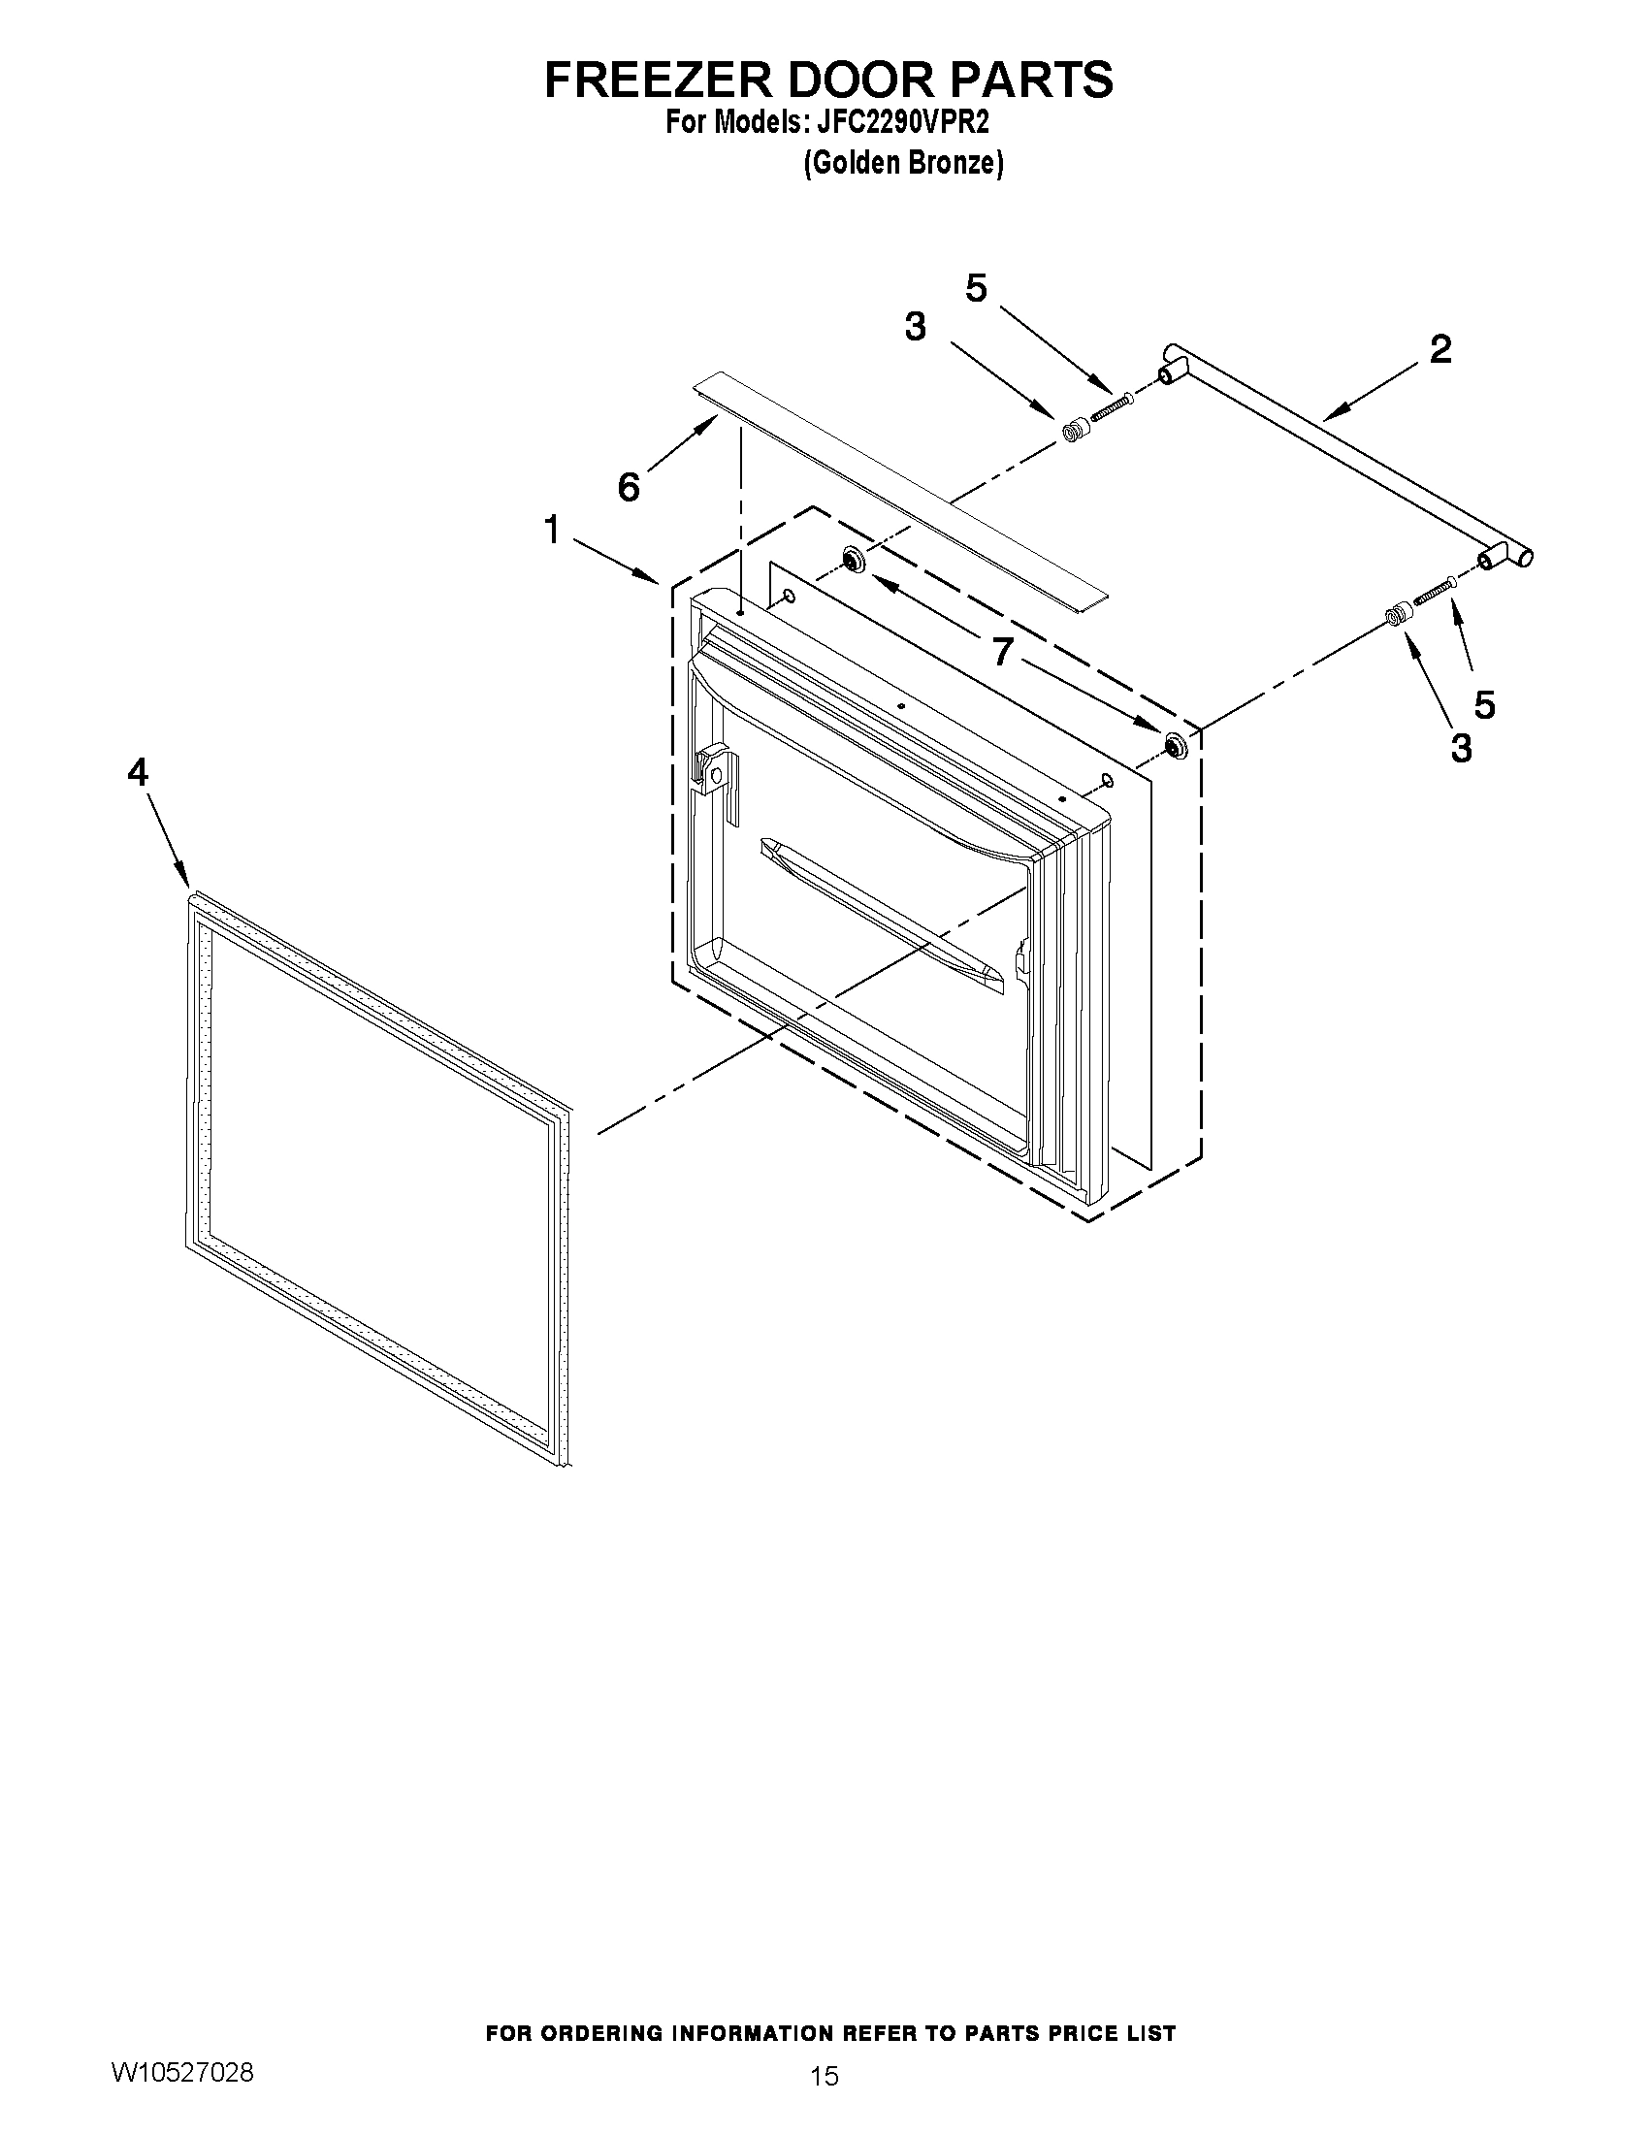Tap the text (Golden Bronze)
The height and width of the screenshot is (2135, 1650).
point(902,163)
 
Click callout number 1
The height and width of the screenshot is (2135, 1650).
point(552,531)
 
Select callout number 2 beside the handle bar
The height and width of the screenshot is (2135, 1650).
point(1440,349)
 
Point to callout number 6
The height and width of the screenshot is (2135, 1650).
point(629,486)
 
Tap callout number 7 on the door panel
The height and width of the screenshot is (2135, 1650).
point(1002,651)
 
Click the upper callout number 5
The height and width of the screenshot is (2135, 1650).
point(976,287)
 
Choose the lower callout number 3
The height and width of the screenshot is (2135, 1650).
point(1461,748)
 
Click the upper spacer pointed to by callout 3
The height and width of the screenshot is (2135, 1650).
point(1075,430)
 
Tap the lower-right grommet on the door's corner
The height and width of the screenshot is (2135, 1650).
point(1172,747)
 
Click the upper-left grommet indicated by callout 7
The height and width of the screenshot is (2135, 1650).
point(852,560)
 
